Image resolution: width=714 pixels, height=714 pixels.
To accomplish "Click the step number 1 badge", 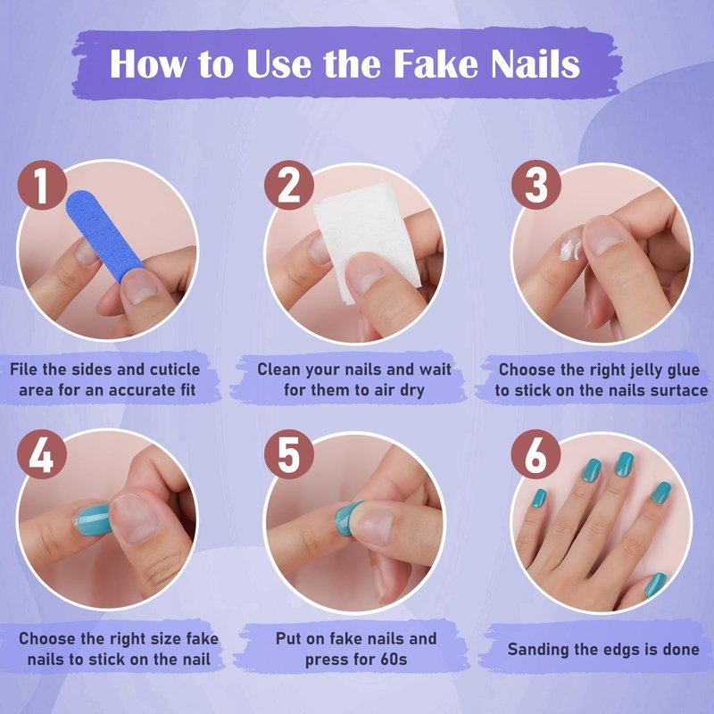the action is click(42, 185).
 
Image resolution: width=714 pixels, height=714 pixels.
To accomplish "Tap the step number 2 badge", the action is click(288, 185).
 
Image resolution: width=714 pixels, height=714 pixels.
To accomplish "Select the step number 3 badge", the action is click(535, 185).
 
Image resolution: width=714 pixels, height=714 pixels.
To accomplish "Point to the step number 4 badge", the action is click(42, 454).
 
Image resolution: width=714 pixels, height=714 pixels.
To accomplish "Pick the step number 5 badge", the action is click(288, 454).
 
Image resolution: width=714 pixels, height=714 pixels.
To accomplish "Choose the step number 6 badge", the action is click(535, 454).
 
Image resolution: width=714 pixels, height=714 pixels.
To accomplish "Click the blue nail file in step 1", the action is click(103, 235).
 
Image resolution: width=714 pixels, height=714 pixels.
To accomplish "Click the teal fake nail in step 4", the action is click(93, 519).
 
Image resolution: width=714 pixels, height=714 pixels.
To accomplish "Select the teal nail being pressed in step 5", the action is click(347, 519).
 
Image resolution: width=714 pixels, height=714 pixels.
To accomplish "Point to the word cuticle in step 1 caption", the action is click(175, 369).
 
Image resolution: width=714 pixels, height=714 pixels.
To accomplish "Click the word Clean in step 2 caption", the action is click(279, 369).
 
